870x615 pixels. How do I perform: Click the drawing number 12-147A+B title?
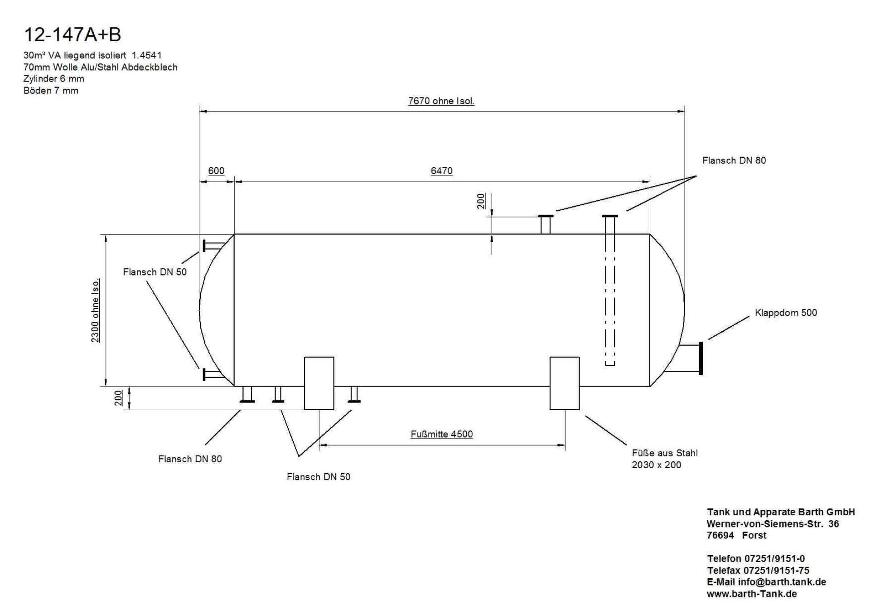72,35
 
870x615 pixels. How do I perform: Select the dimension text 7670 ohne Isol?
441,101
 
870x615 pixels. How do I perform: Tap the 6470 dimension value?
441,171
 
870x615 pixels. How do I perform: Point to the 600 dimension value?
216,171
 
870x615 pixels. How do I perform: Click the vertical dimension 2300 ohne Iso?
95,310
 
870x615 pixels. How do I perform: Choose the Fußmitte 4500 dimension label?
442,434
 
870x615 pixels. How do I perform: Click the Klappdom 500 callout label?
786,313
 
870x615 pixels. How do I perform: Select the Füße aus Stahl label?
665,453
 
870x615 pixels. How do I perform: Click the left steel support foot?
319,383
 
